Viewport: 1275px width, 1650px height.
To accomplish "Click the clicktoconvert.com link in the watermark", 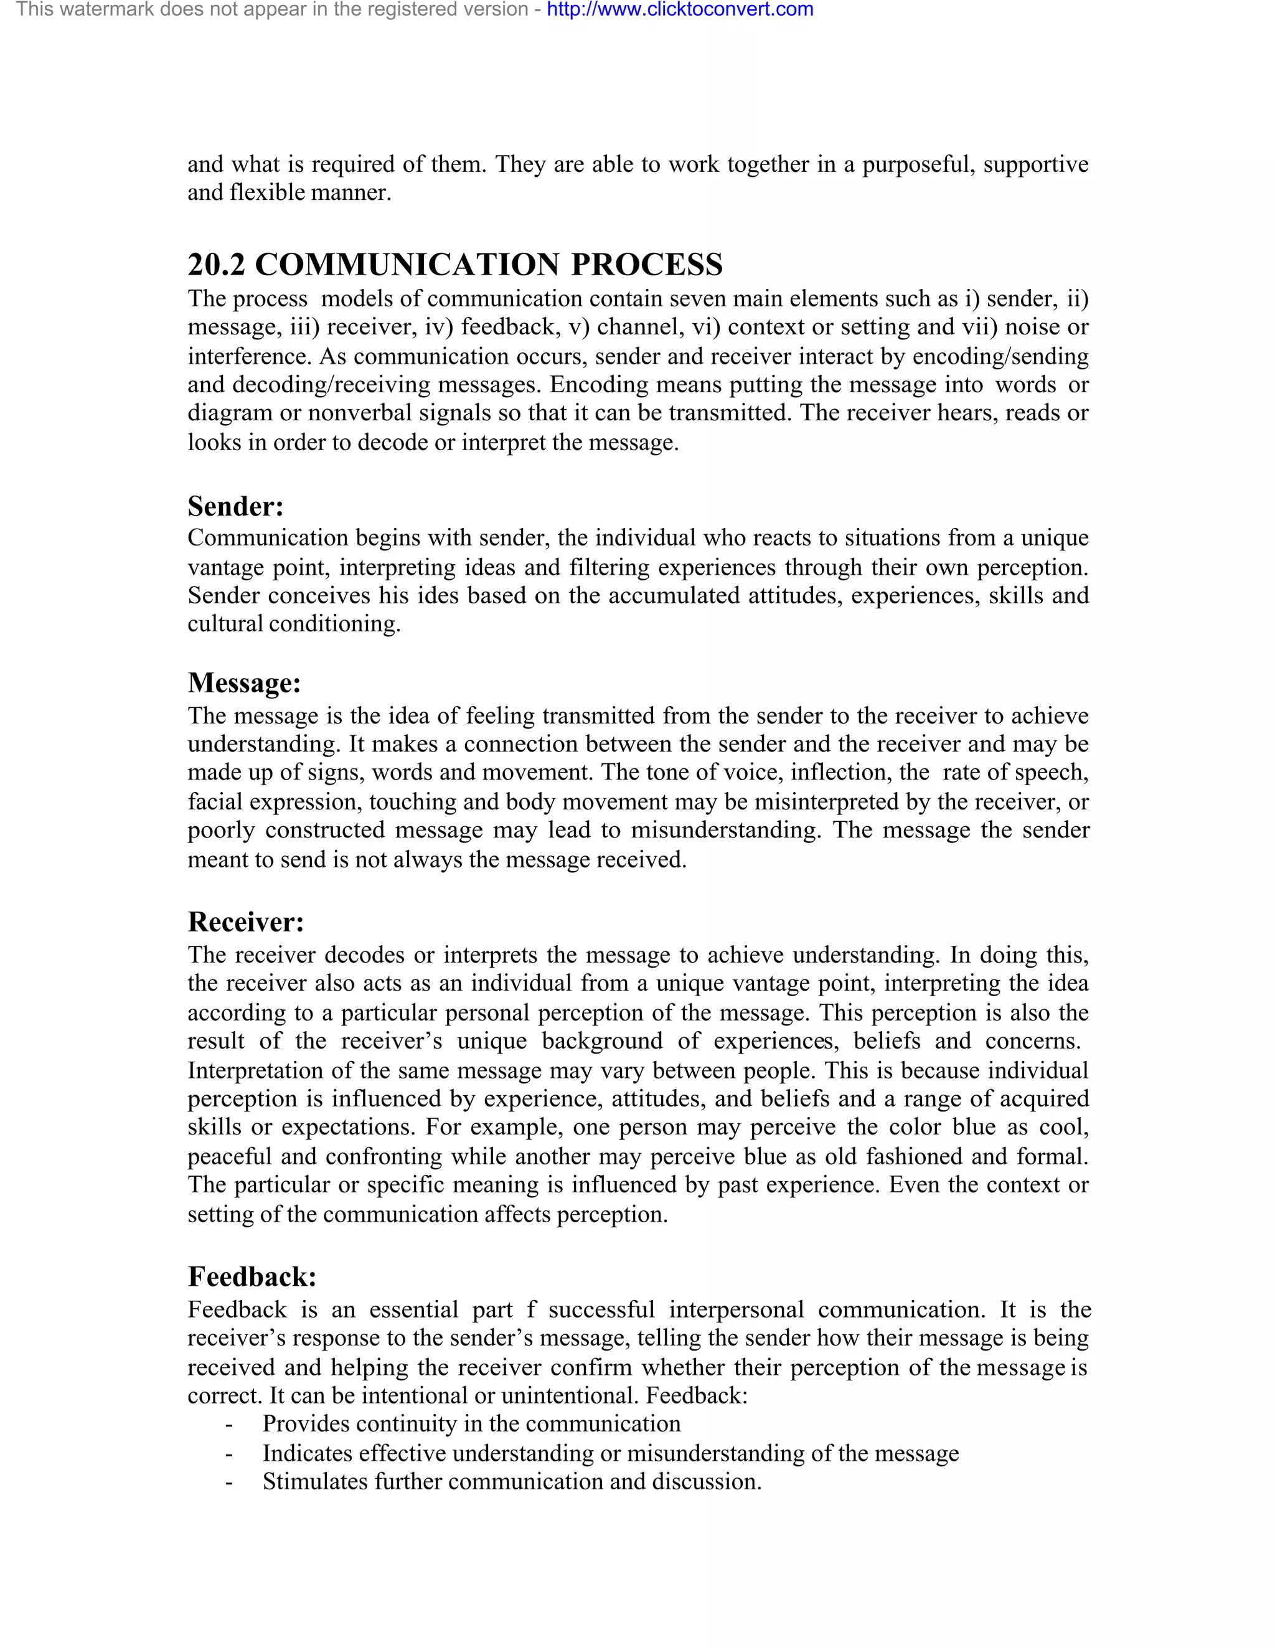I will pyautogui.click(x=680, y=10).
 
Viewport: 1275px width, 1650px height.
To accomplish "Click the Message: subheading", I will pyautogui.click(x=244, y=683).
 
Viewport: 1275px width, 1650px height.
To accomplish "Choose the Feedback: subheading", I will pyautogui.click(x=252, y=1277).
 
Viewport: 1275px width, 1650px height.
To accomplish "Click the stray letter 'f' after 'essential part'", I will pyautogui.click(x=532, y=1310).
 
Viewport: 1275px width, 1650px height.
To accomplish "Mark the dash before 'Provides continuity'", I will pyautogui.click(x=228, y=1425).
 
